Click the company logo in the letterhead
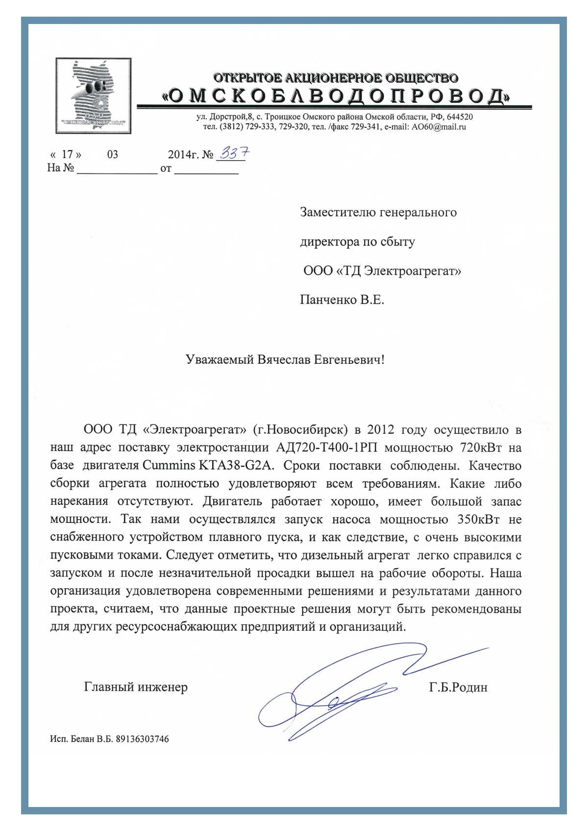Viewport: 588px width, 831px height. click(x=94, y=95)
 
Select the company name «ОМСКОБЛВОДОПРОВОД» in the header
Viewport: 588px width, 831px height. click(x=336, y=96)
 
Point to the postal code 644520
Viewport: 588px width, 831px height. click(x=460, y=117)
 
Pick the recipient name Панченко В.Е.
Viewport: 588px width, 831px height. click(x=342, y=300)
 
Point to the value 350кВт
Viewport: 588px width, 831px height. click(x=479, y=519)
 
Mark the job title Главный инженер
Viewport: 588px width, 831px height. click(x=136, y=687)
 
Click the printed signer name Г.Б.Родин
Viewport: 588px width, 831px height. click(x=458, y=688)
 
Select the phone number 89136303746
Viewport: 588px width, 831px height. click(x=142, y=739)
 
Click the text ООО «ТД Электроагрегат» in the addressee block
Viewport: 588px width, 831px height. click(x=382, y=271)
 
